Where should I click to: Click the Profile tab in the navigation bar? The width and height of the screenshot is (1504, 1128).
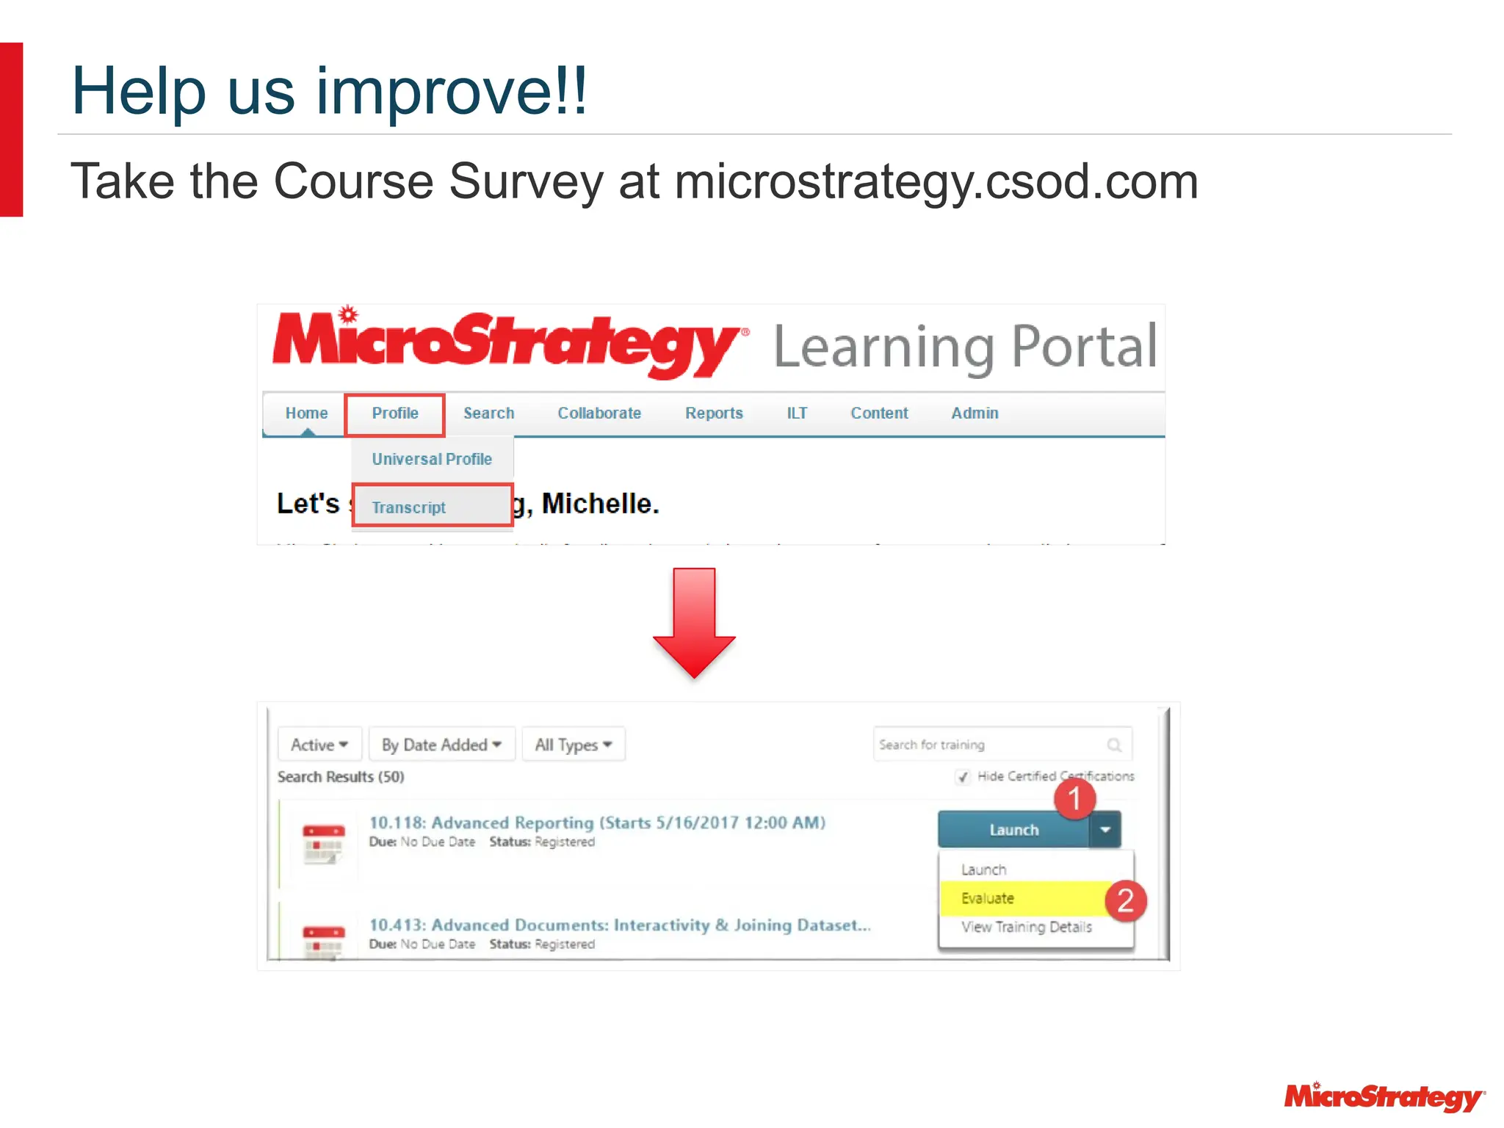point(395,413)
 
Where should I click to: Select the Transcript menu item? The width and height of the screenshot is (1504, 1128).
point(409,507)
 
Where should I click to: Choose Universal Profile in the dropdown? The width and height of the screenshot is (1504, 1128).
point(432,459)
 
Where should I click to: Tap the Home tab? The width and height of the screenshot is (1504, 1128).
point(306,413)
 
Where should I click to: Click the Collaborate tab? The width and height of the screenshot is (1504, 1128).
point(599,413)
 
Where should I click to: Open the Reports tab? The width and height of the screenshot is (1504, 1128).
point(714,413)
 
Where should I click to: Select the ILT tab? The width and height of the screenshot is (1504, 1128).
point(797,413)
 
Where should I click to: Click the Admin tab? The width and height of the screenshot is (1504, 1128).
point(975,413)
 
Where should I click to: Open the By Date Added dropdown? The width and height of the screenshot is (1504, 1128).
point(441,745)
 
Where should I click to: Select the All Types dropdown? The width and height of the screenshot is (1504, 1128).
point(574,745)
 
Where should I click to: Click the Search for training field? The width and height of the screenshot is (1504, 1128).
point(991,745)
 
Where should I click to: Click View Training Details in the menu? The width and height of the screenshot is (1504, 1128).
point(1027,927)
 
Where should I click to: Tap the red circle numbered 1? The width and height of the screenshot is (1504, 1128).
point(1074,799)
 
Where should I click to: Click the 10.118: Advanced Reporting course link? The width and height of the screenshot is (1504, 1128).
point(597,822)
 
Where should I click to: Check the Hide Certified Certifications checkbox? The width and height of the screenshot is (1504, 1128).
point(963,777)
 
